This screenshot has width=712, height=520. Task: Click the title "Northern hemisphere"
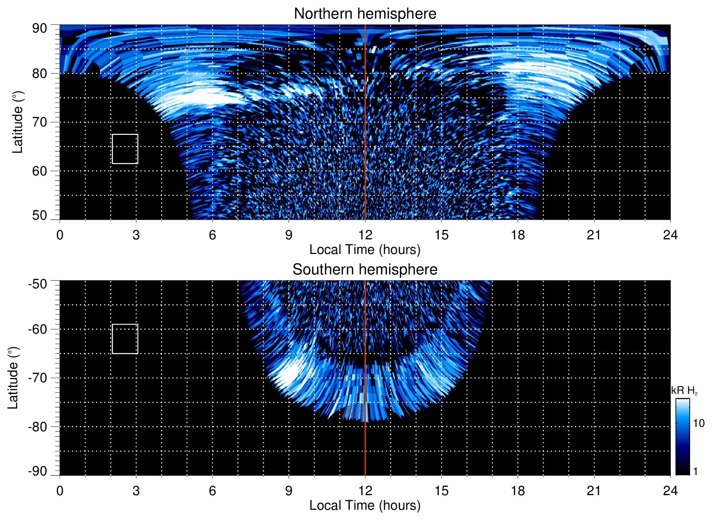365,14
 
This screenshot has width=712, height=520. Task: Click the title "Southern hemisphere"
365,270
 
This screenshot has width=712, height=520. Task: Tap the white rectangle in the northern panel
125,149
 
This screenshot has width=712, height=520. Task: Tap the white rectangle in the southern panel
125,339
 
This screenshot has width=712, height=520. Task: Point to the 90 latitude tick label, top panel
39,29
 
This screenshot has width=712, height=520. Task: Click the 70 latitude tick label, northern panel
39,122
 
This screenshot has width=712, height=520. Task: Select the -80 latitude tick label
38,427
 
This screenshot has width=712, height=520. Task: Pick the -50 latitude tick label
38,284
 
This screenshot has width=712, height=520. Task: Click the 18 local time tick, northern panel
517,235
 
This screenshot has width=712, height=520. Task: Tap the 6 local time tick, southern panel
213,491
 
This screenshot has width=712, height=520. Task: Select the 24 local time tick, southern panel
670,491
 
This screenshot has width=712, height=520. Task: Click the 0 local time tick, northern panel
60,235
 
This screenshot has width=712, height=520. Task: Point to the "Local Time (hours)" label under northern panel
365,250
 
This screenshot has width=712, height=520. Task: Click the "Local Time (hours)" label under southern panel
365,505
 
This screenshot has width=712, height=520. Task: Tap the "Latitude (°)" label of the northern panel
18,122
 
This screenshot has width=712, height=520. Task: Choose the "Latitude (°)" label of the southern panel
13,378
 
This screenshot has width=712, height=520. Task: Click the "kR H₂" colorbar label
684,391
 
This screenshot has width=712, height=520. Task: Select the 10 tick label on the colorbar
698,424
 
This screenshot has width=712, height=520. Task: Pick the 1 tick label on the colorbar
695,471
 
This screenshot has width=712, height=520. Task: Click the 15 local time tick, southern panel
441,491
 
